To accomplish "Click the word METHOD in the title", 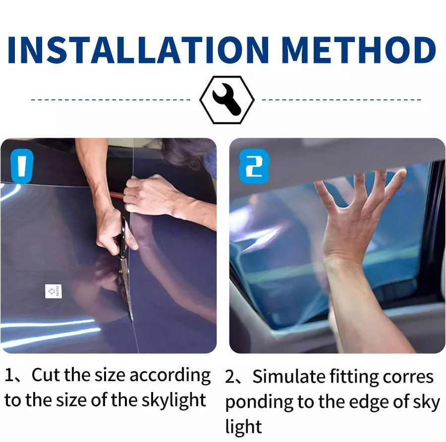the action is pos(358,50).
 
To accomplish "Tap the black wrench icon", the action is pos(226,99).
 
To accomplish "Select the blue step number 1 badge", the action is pos(22,166).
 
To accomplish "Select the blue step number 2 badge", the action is pos(254,166).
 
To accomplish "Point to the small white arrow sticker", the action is pos(54,291).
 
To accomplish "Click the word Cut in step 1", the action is pos(46,375).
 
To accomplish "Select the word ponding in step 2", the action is pos(259,403).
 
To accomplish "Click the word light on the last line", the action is pos(243,427).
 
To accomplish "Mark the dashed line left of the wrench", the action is pos(111,99).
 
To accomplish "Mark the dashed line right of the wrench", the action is pos(341,99).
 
